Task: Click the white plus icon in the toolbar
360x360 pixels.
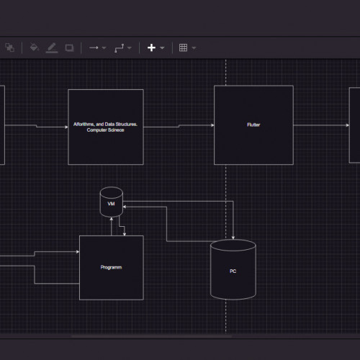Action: click(151, 48)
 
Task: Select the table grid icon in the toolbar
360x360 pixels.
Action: click(183, 48)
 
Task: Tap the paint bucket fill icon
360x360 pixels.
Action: click(34, 48)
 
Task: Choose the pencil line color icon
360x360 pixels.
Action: click(52, 48)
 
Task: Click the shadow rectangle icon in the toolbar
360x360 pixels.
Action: click(70, 48)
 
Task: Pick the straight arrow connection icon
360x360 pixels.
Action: click(94, 48)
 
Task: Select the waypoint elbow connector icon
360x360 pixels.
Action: click(120, 48)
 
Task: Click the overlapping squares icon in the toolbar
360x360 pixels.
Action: click(10, 48)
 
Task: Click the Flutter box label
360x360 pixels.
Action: click(253, 125)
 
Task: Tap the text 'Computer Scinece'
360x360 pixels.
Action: click(105, 130)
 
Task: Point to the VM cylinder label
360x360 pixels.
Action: click(111, 204)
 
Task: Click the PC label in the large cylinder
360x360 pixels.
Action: click(233, 271)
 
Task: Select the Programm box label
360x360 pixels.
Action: click(111, 267)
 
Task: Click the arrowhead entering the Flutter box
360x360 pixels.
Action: click(212, 125)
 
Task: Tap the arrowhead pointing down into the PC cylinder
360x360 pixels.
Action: click(233, 238)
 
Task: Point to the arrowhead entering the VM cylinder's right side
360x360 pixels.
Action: click(125, 207)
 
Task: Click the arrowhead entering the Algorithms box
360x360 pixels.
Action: click(66, 127)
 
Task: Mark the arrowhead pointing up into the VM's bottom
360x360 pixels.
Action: click(112, 219)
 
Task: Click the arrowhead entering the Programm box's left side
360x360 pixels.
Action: click(78, 252)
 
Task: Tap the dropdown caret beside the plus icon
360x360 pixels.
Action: click(162, 48)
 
